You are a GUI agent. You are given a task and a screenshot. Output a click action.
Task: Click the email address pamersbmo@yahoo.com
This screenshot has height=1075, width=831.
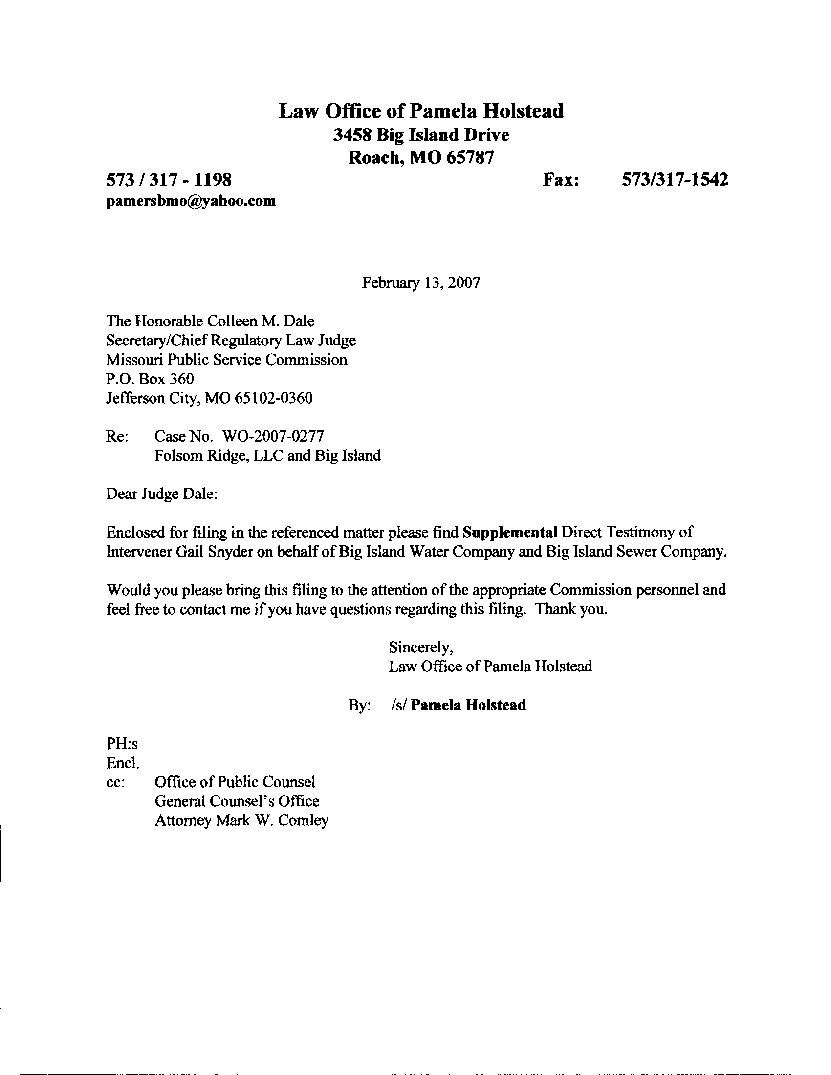[x=191, y=201]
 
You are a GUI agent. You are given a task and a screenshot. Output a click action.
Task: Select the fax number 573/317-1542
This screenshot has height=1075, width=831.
[x=675, y=180]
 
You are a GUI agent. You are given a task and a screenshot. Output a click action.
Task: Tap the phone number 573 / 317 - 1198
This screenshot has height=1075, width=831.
[x=169, y=180]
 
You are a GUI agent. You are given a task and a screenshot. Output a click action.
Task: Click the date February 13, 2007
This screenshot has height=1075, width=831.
[x=421, y=282]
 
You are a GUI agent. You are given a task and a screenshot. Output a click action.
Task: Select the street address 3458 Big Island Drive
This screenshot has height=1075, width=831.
[x=421, y=135]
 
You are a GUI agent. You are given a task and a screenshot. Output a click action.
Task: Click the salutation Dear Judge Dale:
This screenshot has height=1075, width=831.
[x=162, y=494]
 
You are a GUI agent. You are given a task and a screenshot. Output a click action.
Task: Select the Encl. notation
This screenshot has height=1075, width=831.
[x=123, y=763]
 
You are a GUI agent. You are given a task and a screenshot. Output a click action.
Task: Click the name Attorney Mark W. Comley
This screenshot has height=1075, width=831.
[x=241, y=820]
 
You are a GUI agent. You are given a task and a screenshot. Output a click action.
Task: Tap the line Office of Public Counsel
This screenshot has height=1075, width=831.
[x=235, y=782]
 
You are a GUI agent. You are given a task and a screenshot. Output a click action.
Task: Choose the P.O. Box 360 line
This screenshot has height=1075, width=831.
[x=150, y=379]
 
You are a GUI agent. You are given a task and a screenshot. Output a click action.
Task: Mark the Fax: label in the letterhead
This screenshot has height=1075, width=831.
[x=561, y=180]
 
